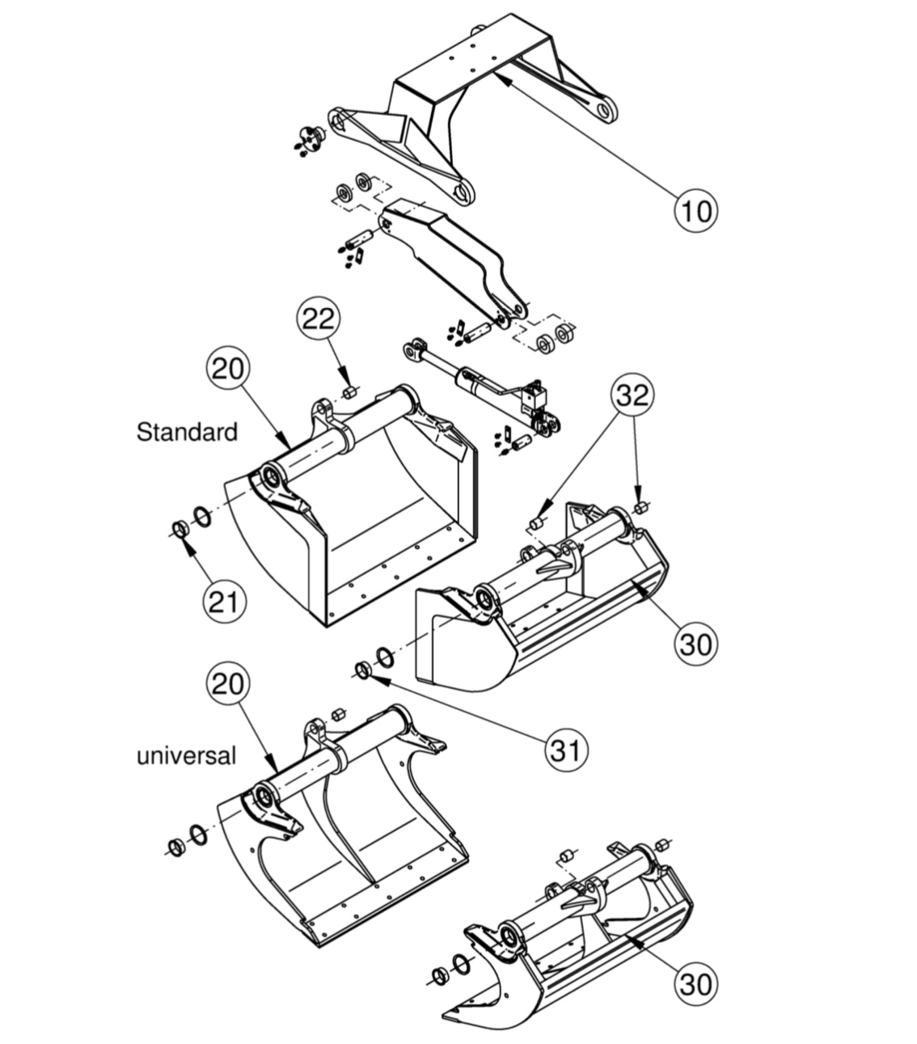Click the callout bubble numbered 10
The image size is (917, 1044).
pos(696,210)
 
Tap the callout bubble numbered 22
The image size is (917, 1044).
pos(318,319)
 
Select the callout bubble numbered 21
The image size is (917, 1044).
pos(225,602)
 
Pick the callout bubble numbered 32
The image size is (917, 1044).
pos(632,395)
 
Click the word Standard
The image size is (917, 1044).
pos(187,432)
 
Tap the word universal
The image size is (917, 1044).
pos(186,756)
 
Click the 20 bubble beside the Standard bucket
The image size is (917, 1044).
pos(228,369)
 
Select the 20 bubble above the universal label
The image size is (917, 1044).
pos(228,684)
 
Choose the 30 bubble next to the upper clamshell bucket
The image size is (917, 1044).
pos(696,643)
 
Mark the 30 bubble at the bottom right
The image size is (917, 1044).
pos(696,983)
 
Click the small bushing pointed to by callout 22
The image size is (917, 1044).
pos(349,392)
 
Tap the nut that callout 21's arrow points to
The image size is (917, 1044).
pos(180,529)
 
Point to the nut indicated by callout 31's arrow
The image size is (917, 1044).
pos(362,670)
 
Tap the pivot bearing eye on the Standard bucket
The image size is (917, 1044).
pos(270,476)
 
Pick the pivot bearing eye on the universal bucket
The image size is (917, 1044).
pos(264,797)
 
